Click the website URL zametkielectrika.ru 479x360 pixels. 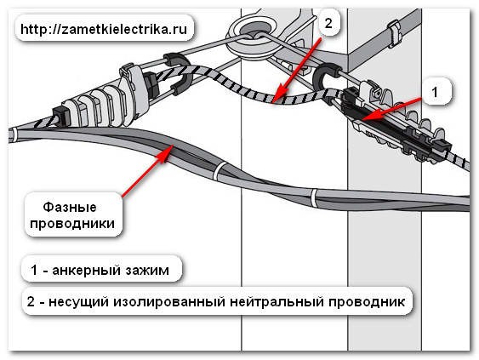click(104, 30)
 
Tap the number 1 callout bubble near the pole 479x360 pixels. click(435, 92)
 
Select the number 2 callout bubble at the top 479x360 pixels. click(328, 23)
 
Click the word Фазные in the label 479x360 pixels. click(70, 207)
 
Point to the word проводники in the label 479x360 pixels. click(72, 223)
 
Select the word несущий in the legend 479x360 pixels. click(79, 302)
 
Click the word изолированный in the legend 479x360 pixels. click(169, 302)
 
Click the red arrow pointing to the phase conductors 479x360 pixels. click(147, 171)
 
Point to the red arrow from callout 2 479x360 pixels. click(297, 70)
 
